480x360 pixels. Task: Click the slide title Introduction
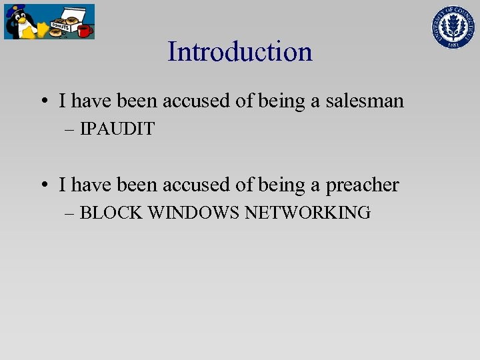coord(240,51)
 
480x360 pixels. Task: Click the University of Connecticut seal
coord(455,26)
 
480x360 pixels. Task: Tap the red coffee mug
coord(84,31)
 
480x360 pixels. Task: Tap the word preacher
coord(362,185)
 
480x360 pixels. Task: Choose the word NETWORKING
coord(307,213)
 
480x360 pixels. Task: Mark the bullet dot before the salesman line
coord(43,102)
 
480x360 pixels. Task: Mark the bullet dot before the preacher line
coord(43,185)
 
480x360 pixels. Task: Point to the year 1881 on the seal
coord(455,45)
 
